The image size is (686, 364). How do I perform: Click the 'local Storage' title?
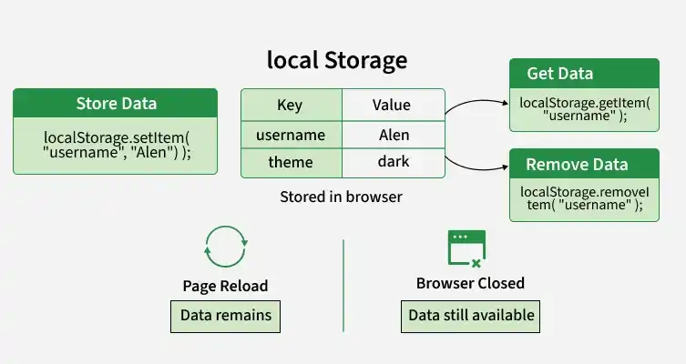point(337,60)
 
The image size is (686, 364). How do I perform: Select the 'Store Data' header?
point(116,104)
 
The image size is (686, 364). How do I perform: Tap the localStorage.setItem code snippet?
point(117,145)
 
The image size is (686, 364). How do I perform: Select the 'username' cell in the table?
point(292,135)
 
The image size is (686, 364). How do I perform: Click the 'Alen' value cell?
point(394,135)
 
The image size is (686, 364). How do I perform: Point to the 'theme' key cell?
point(292,163)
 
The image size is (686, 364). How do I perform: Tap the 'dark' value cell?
point(394,163)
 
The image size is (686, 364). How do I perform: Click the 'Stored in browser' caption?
point(342,197)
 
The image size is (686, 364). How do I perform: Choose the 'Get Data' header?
point(584,74)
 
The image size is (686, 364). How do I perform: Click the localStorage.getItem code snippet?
point(585,109)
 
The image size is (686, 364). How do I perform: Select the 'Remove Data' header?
point(584,164)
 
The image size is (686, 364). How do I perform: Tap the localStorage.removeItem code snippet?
point(585,198)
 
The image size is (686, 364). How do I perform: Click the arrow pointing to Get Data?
point(476,101)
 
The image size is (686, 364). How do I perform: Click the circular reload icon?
point(226,247)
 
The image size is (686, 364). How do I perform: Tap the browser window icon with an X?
point(466,248)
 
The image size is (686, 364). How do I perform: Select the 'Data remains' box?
point(225,317)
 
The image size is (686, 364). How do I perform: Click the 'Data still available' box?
point(470,317)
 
